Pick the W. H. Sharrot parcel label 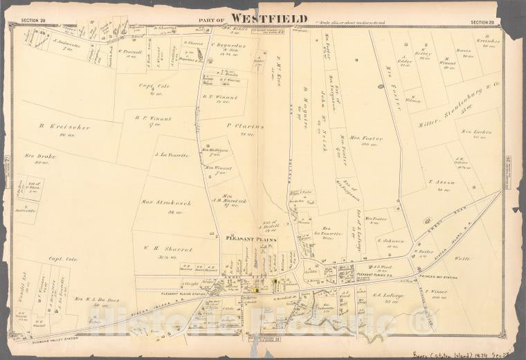pos(167,249)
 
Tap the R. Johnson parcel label pos(391,242)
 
